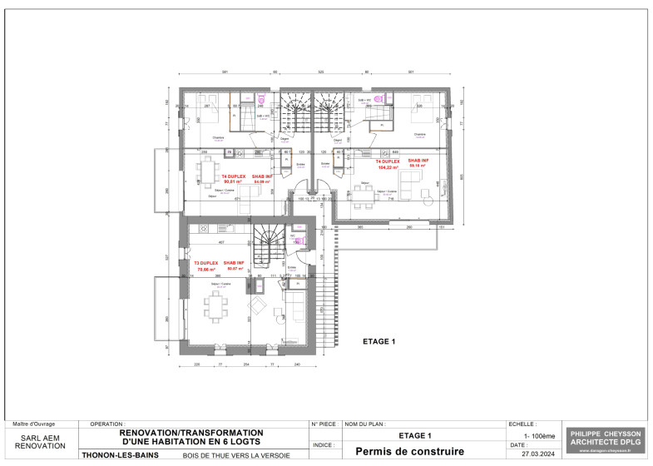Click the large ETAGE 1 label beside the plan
378,341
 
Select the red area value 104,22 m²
389,167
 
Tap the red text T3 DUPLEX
205,263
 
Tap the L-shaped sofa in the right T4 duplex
413,181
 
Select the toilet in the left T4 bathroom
260,97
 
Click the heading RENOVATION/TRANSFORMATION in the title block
192,433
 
